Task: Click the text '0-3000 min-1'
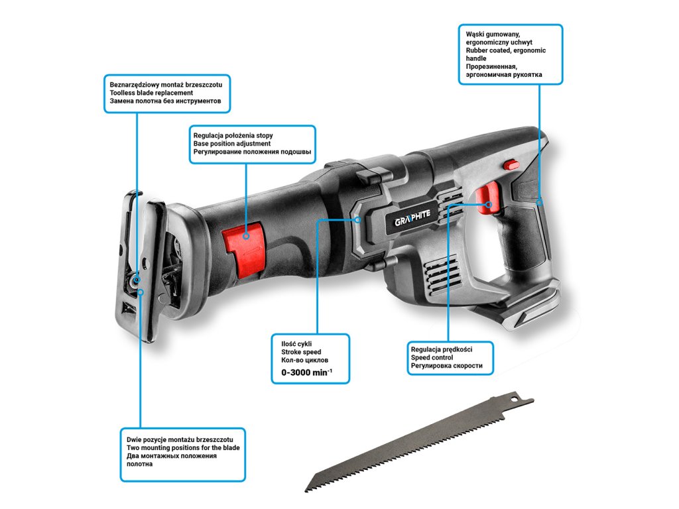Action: [x=302, y=373]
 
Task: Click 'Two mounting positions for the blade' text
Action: [x=183, y=448]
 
